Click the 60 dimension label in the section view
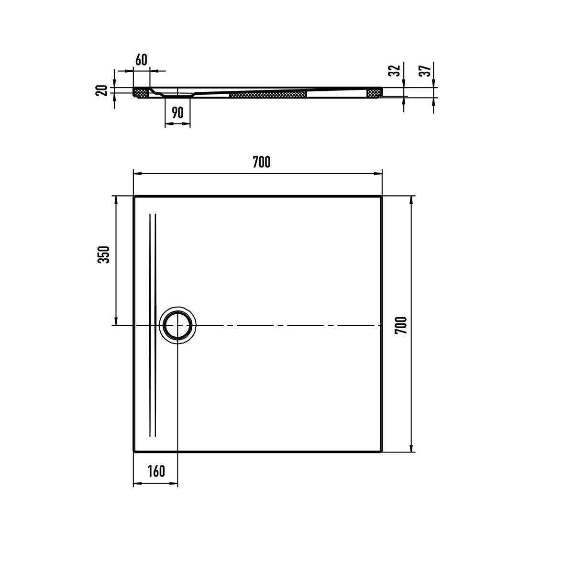[x=141, y=60]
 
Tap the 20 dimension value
[x=101, y=90]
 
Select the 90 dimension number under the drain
[x=177, y=112]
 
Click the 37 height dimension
[x=424, y=71]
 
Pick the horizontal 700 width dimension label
[x=262, y=162]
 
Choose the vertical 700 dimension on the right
[x=401, y=325]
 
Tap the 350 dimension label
[x=104, y=254]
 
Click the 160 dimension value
[x=156, y=471]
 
